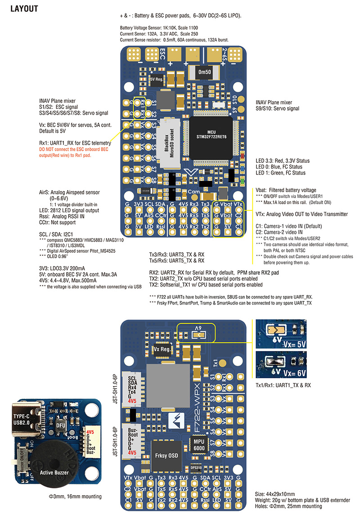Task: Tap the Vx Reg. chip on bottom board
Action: [162, 349]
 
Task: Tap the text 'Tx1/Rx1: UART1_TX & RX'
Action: [283, 385]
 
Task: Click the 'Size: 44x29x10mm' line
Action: [279, 493]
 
